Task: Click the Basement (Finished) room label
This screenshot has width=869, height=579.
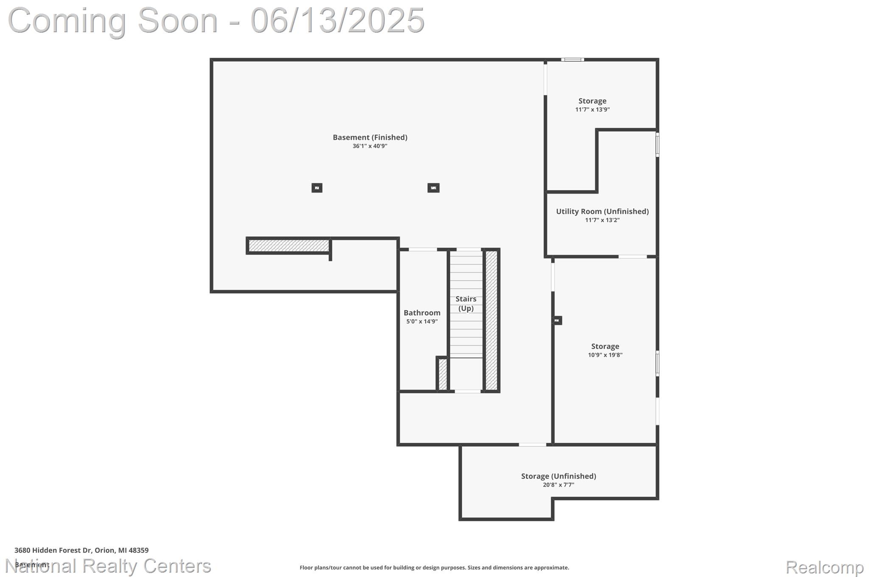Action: tap(370, 137)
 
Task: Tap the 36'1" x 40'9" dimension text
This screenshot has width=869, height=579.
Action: tap(370, 146)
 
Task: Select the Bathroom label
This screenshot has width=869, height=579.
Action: tap(422, 313)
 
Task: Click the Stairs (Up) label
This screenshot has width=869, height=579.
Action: tap(466, 304)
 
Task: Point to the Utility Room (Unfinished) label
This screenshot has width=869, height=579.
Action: tap(602, 211)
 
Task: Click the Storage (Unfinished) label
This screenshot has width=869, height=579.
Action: tap(558, 476)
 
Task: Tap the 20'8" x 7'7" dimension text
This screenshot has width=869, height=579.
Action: tap(558, 485)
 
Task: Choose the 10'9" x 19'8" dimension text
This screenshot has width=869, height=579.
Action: tap(605, 355)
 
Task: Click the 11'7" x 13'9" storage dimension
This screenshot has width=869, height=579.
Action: tap(592, 109)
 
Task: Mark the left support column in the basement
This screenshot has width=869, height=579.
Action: tap(317, 188)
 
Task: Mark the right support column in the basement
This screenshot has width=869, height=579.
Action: tap(433, 188)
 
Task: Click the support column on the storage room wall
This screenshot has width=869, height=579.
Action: tap(557, 321)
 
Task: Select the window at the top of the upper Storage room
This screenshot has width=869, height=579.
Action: tap(572, 60)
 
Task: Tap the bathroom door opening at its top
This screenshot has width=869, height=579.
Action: tap(423, 249)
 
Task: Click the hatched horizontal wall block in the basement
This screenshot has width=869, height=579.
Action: tap(289, 246)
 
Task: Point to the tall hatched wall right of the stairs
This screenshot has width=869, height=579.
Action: tap(491, 320)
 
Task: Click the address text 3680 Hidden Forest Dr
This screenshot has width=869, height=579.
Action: tap(81, 550)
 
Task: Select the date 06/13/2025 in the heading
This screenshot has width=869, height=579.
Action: tap(337, 20)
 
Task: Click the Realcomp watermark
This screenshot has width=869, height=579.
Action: tap(824, 567)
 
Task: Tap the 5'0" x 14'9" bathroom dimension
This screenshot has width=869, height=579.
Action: tap(422, 322)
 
